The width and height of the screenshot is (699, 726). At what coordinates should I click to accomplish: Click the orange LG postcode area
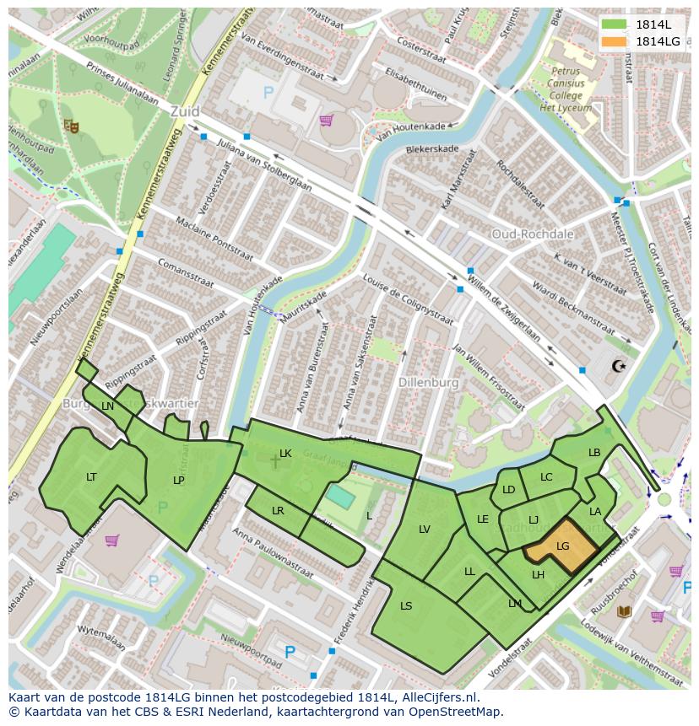561,548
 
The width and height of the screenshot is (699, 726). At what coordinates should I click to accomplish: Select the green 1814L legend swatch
615,24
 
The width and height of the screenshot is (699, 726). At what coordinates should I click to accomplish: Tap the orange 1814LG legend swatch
615,41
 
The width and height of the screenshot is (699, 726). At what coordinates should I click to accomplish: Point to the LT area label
91,477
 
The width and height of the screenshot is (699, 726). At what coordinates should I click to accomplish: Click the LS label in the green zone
406,605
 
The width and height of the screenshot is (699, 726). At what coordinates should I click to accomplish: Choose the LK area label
285,454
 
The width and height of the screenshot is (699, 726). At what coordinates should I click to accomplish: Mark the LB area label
594,453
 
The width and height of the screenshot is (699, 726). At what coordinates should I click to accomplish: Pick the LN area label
107,406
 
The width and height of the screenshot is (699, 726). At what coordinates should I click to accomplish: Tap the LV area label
424,530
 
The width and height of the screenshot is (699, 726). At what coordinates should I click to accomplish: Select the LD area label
508,490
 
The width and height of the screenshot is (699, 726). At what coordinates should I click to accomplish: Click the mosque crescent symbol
619,365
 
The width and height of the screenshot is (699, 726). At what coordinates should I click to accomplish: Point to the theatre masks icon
71,126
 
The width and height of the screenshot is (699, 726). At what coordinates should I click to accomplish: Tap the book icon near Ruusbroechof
624,611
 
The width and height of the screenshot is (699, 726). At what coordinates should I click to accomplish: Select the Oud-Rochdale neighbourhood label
533,234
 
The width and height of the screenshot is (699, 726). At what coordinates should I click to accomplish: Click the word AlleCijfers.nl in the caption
439,697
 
